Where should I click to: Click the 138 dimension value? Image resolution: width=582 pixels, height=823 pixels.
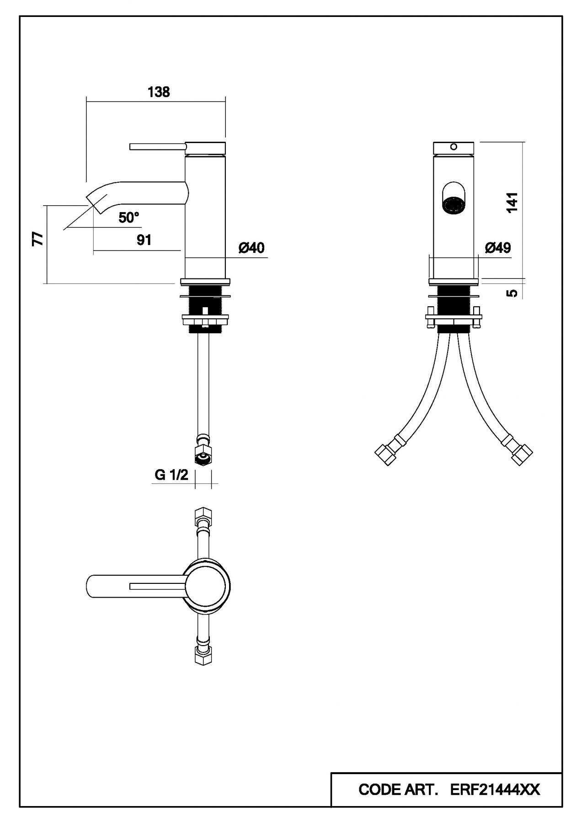click(159, 92)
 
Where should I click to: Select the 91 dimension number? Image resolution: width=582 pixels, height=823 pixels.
click(144, 240)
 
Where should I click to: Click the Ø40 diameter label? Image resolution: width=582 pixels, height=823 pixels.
click(251, 248)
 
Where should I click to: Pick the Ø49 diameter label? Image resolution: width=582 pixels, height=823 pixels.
click(497, 248)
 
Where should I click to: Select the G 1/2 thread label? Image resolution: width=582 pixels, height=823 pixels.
click(171, 475)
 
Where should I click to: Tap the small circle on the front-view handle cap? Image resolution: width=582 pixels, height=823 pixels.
click(454, 147)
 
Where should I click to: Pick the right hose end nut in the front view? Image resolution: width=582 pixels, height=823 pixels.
click(522, 455)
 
